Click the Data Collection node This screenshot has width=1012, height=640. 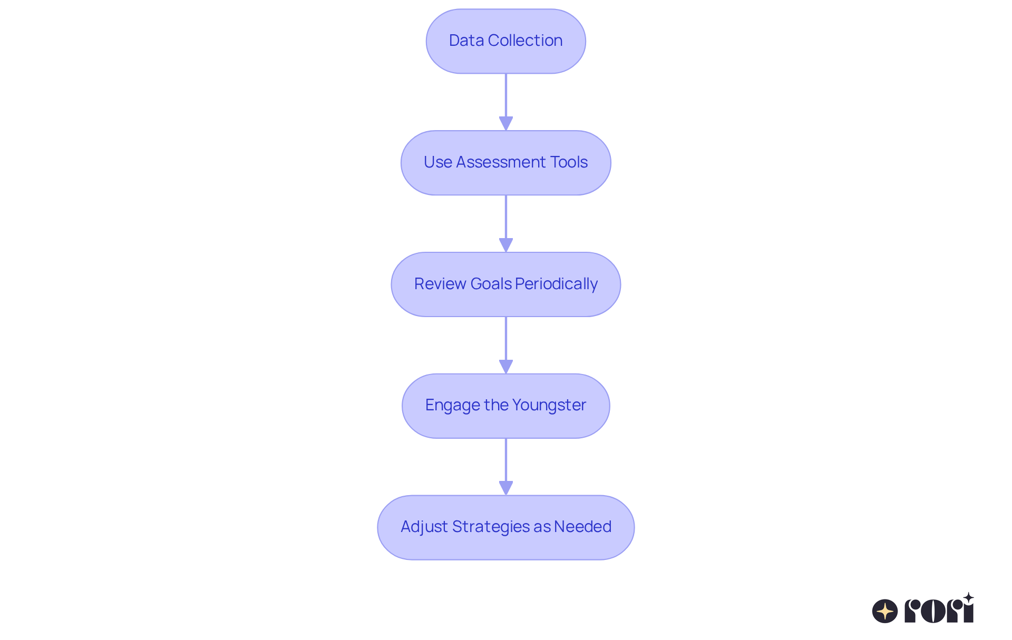(505, 41)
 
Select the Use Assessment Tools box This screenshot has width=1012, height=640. (505, 163)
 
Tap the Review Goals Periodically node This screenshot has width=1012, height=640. (505, 284)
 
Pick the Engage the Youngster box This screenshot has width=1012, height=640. (505, 406)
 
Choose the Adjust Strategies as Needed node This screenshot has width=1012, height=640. (505, 527)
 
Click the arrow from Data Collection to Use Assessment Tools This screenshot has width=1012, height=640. (505, 101)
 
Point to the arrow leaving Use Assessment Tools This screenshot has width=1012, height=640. (505, 223)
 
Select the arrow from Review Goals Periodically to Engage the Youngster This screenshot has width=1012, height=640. (505, 344)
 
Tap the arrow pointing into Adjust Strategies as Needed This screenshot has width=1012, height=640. (505, 466)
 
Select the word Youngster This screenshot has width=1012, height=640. (549, 405)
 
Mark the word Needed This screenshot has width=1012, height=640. (582, 527)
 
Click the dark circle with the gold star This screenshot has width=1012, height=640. (884, 611)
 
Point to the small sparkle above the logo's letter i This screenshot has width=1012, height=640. (968, 597)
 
